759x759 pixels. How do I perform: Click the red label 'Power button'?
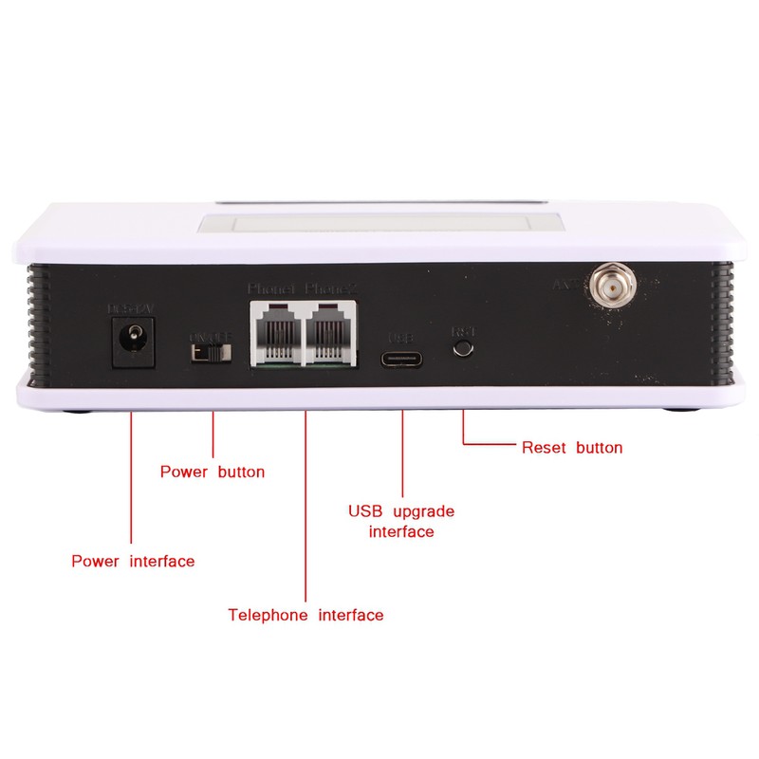coord(213,472)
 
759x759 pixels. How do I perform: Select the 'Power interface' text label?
coord(133,561)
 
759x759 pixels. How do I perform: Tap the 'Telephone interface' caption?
coord(305,615)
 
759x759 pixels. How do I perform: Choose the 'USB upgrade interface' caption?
coord(401,521)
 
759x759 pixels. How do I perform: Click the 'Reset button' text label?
coord(572,447)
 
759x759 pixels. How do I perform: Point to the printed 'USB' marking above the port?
coord(403,336)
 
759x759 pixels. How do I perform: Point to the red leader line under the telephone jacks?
coord(305,503)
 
